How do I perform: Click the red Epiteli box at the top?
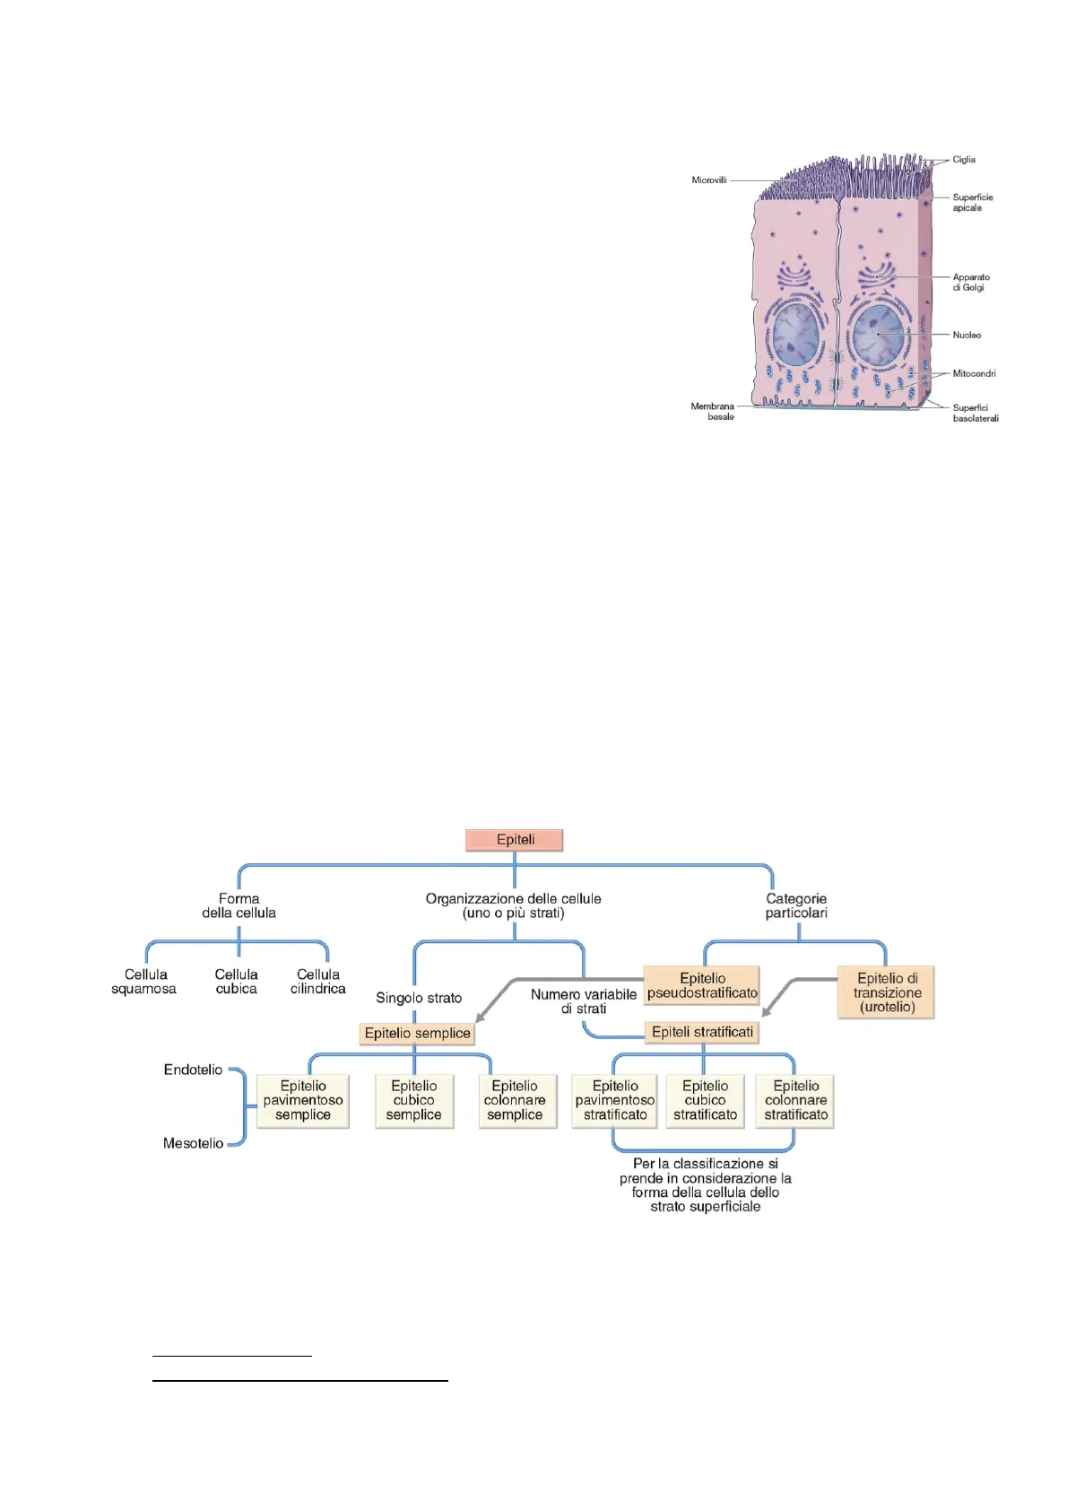click(515, 840)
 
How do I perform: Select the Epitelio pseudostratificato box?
click(702, 985)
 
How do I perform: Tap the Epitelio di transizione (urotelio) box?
click(887, 992)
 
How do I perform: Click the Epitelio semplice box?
click(417, 1033)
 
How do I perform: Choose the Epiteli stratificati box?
click(702, 1032)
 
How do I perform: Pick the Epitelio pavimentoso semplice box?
click(303, 1100)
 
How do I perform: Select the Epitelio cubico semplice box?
click(413, 1100)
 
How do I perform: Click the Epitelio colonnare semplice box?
click(515, 1100)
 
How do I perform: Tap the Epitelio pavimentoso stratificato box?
click(615, 1100)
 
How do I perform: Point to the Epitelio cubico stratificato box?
click(706, 1100)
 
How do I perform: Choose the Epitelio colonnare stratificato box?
click(796, 1100)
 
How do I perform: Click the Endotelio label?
click(193, 1070)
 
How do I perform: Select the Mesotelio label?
click(193, 1143)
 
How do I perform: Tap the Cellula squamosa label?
click(144, 982)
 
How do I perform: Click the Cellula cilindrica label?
click(318, 982)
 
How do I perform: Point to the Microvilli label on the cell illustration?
click(709, 180)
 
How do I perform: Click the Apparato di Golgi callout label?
click(971, 283)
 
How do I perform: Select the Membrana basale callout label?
click(713, 412)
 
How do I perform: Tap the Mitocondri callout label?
click(974, 373)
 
